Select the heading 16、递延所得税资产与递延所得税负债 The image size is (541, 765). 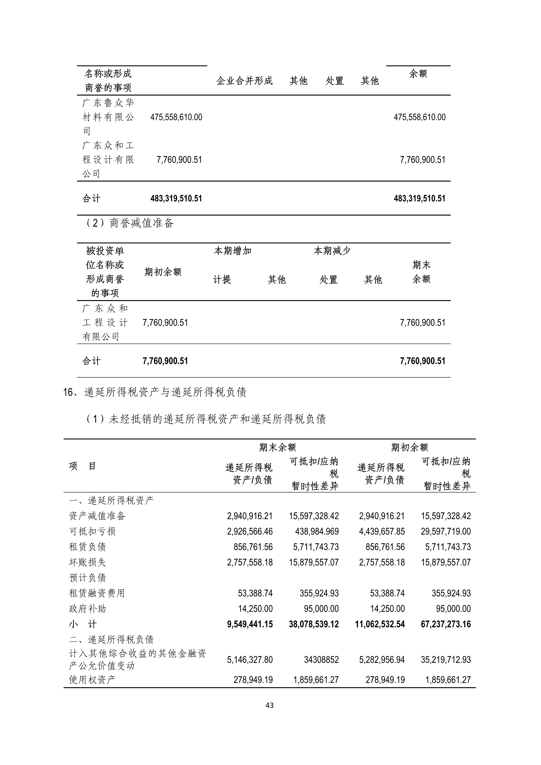click(x=155, y=392)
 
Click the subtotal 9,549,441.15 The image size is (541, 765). click(x=250, y=624)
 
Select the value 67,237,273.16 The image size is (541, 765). click(x=446, y=624)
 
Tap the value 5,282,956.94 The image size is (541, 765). click(x=382, y=660)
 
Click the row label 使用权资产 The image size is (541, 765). click(x=92, y=680)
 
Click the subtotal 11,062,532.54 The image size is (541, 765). click(x=380, y=624)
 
